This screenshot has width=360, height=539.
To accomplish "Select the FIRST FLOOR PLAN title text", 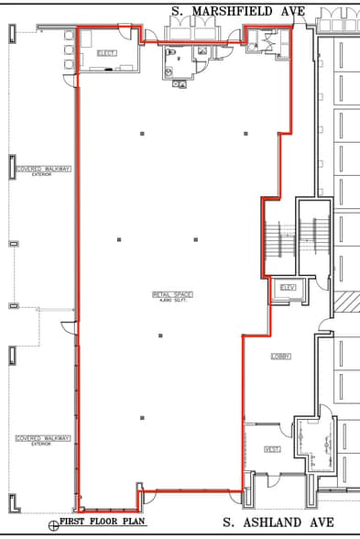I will pos(103,522).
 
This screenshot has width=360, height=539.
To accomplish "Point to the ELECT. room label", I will pos(107,53).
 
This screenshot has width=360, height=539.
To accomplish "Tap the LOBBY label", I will pos(280,356).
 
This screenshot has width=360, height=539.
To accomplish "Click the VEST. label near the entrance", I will pos(272,448).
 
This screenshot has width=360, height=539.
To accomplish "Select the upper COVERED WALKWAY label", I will pos(43,169).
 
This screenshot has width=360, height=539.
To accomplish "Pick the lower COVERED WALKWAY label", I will pos(43,438).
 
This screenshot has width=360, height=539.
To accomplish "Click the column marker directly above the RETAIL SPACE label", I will pos(195,240).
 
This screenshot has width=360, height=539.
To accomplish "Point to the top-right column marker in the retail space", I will pos(245,134).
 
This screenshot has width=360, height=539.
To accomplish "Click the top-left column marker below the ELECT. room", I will pos(142,134).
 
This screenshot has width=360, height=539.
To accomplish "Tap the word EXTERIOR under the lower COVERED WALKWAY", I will pos(42,444).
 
